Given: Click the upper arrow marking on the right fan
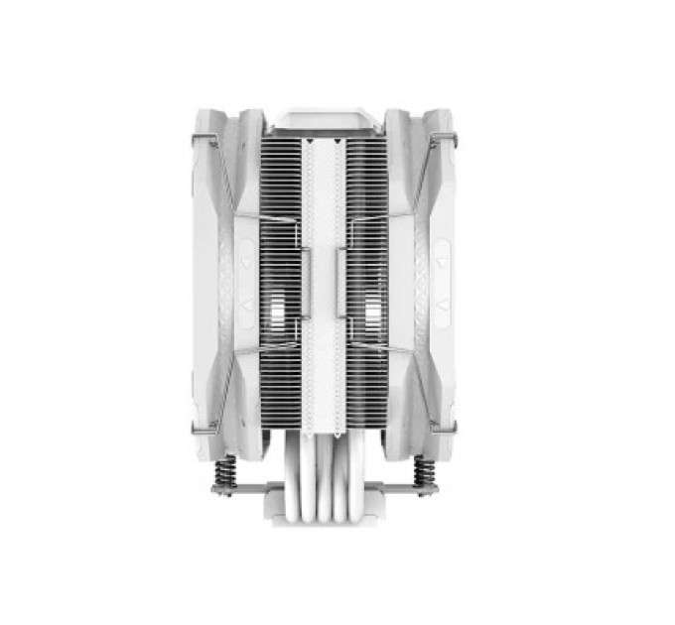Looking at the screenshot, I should [x=417, y=265].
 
